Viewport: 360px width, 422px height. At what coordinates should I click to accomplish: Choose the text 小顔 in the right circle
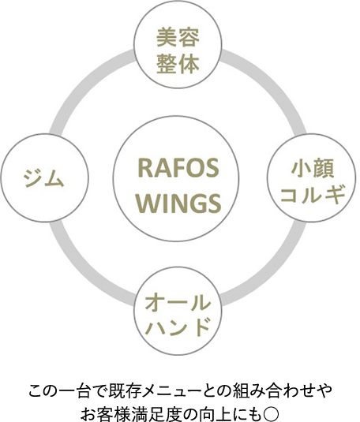pos(310,168)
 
